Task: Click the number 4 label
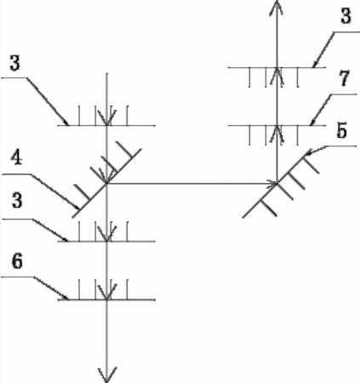click(16, 159)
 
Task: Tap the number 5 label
click(341, 131)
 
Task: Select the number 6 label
click(17, 261)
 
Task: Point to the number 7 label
click(344, 78)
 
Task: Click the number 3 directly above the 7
click(346, 16)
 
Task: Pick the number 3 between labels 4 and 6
click(17, 201)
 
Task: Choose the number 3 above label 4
click(15, 63)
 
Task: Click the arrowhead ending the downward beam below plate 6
click(107, 374)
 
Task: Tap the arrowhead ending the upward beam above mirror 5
click(277, 8)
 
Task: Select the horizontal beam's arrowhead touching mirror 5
click(271, 184)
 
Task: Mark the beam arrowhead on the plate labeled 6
click(106, 292)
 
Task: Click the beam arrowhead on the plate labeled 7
click(277, 134)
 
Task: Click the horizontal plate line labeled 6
click(106, 300)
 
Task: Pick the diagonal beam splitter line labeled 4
click(106, 183)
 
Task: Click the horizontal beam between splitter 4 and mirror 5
click(192, 184)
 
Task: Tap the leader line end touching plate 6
click(68, 299)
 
